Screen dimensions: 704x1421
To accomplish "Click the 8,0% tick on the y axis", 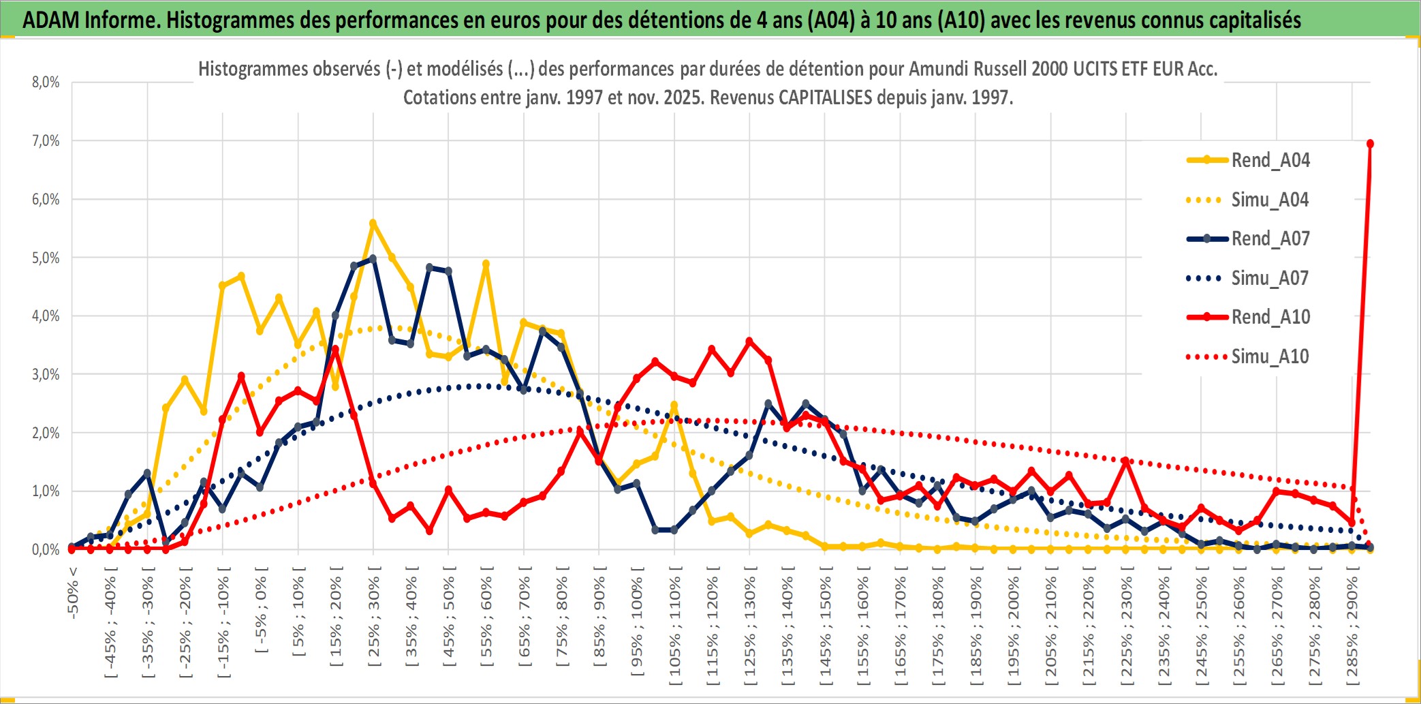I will click(x=46, y=82).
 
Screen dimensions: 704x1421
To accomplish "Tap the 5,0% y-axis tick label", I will click(x=46, y=258).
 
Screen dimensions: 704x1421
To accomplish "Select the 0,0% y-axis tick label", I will click(x=46, y=549).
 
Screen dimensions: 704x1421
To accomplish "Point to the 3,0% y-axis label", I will click(x=46, y=374).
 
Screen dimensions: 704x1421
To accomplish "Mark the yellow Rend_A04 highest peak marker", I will click(x=373, y=223).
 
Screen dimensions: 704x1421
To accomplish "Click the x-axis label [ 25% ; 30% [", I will click(x=374, y=621).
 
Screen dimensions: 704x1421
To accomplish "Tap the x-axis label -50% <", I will click(x=73, y=592).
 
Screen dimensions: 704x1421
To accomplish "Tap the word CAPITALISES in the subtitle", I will click(x=825, y=97).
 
